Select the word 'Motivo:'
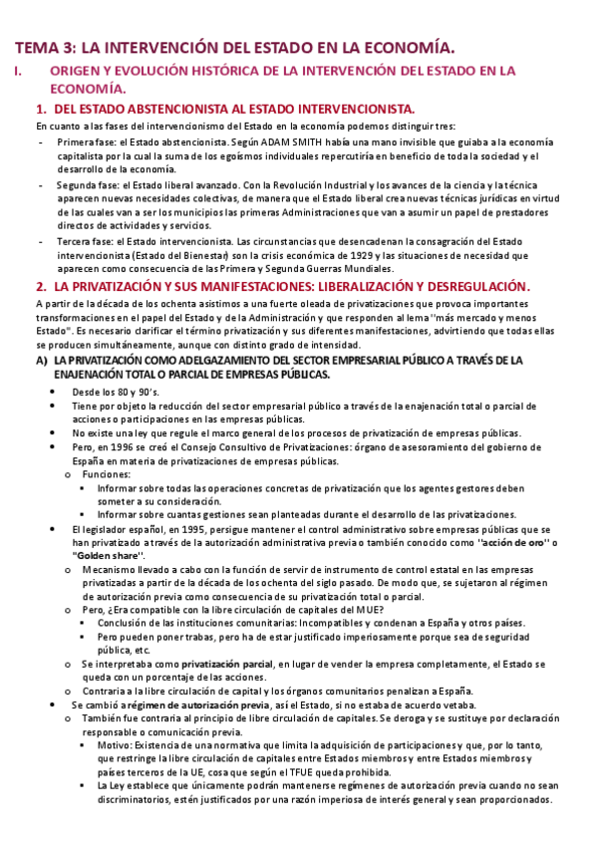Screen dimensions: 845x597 point(116,744)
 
